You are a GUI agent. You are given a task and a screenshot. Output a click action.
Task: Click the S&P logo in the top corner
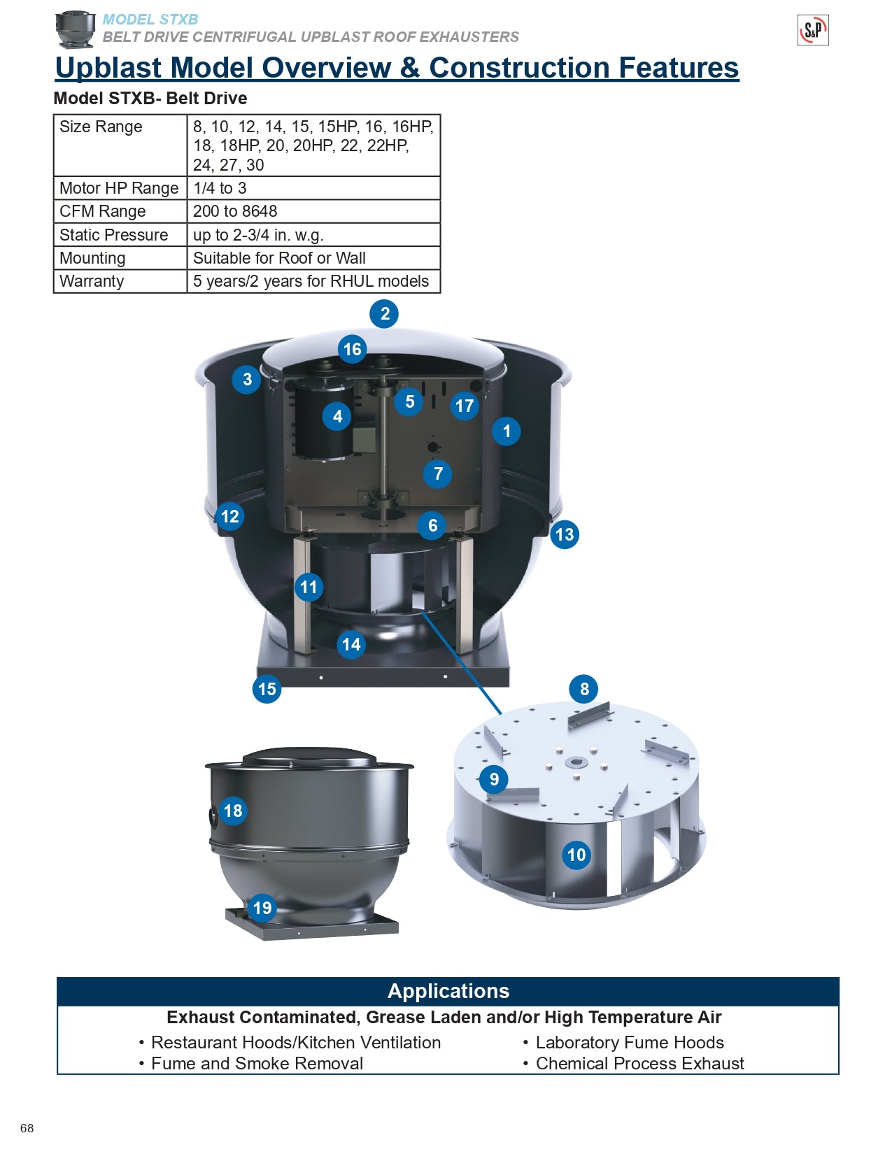tap(813, 30)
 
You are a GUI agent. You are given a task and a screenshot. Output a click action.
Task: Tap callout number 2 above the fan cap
tap(384, 314)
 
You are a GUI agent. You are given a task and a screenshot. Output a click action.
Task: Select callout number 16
tap(352, 349)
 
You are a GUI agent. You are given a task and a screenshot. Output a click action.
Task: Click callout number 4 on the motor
tap(337, 417)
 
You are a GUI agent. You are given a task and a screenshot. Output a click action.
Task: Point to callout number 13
tap(564, 535)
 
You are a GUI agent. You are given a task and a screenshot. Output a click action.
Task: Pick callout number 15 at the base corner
tap(267, 689)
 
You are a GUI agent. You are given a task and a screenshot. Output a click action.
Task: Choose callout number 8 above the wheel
tap(584, 689)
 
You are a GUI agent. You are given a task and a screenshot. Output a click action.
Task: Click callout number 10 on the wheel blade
tap(576, 855)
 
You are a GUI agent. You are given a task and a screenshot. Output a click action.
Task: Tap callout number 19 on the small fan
tap(262, 908)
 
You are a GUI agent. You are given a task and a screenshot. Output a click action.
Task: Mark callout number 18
tap(233, 811)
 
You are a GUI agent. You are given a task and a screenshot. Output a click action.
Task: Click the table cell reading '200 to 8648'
tap(235, 211)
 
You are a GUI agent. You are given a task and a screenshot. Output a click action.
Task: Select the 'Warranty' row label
tap(92, 281)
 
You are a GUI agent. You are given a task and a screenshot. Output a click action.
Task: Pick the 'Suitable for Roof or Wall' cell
tap(279, 258)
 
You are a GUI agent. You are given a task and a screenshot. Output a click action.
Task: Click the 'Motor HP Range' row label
tap(119, 188)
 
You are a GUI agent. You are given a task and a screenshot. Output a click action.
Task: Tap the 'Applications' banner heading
tap(448, 991)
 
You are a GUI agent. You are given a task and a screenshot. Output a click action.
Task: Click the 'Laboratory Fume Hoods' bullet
tap(629, 1042)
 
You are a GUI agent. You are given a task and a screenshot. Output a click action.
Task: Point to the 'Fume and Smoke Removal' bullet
tap(257, 1063)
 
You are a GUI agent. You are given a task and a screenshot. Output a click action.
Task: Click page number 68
tap(27, 1127)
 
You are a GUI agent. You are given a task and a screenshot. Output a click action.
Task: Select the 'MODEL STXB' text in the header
tap(150, 20)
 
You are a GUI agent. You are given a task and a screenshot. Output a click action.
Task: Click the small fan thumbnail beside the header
tap(75, 29)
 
